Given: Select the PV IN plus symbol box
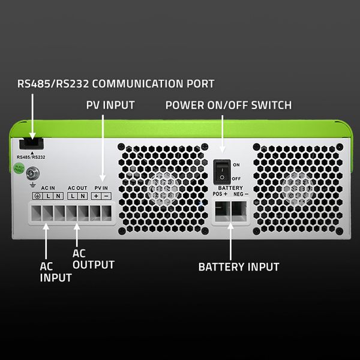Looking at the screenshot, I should coord(96,196).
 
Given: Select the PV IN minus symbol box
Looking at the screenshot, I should coord(106,196).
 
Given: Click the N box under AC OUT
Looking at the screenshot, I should coord(82,196).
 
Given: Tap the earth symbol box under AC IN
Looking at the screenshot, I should coord(37,196).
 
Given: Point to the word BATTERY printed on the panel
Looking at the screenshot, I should coord(230,188).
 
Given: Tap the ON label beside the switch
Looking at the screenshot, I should coord(236,164).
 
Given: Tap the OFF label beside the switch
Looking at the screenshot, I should coord(236,178).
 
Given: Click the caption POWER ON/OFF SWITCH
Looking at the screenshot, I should coord(228,105).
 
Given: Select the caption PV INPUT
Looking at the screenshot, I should coord(110,105).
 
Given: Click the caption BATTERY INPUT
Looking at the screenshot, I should coord(238,266).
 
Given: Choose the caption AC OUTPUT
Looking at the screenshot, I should coord(93,259).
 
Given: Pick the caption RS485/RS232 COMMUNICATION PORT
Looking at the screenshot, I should coord(116,83).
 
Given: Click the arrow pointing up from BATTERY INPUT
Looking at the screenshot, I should coord(230,240).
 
